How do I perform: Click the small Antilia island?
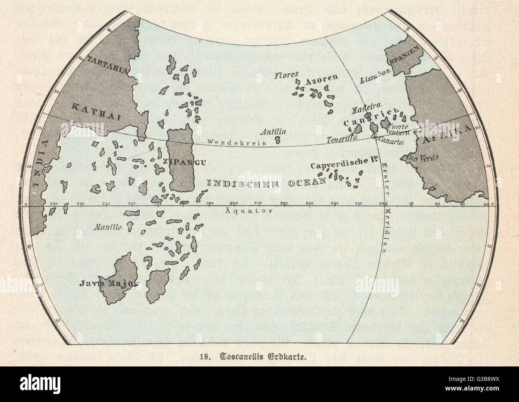click(278, 140)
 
